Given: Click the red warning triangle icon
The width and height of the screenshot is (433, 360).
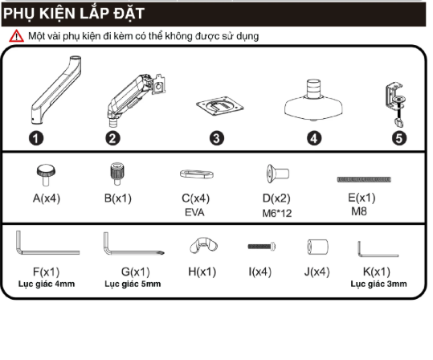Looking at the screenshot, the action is [16, 36].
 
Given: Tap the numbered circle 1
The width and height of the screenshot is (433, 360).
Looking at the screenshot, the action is [36, 138].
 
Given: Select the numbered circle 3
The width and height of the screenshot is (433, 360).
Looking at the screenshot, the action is [217, 138].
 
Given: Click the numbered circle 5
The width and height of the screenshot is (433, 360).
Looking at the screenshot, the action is [399, 138].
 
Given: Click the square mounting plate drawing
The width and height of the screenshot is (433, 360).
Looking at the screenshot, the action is [220, 106].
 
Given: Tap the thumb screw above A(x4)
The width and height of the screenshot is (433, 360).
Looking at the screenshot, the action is [46, 174].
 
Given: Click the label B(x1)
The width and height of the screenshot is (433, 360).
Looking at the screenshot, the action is [118, 198].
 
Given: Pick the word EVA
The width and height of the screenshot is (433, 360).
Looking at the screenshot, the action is [194, 212].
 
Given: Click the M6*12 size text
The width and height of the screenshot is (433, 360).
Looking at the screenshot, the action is [277, 213].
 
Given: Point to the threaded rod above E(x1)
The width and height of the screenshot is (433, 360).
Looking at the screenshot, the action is [364, 179].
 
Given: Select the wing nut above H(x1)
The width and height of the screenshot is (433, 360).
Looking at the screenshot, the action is [203, 245].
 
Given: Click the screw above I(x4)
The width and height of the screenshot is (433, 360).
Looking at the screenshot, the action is [262, 246].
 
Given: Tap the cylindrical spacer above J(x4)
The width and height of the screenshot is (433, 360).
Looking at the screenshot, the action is [318, 247].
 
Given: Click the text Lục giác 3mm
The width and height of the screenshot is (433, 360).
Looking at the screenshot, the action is [378, 284].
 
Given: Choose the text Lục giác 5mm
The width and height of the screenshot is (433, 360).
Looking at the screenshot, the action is [133, 284].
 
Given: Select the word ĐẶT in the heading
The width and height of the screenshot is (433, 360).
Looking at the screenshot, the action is [129, 13].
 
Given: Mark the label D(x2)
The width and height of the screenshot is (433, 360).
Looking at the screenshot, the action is [276, 198].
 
